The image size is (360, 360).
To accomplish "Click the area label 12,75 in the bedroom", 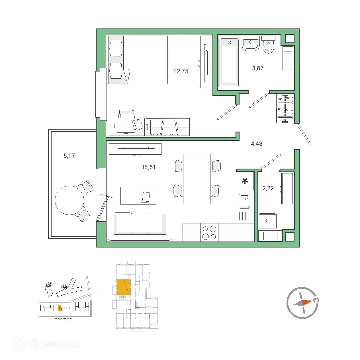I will pos(181,71).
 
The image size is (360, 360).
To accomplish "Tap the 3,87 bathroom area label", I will pos(258,68).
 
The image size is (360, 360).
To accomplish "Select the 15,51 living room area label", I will pos(149,167).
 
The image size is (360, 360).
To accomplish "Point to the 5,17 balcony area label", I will pos(69,156).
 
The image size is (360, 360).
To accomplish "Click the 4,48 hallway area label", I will pos(256,144).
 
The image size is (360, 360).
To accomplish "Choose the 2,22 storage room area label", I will pos(268,188).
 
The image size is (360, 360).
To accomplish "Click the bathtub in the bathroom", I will pos(229,62).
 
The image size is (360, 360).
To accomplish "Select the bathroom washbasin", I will pos(251,43).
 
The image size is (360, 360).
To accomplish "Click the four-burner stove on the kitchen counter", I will pos(209,232).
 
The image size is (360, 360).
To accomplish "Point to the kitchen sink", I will pos(244,201).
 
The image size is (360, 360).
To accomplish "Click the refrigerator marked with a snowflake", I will pos(245,181).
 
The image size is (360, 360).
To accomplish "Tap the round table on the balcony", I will pos(69,200).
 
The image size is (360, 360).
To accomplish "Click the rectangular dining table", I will pos(197,179).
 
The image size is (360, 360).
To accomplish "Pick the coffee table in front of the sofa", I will pos(138,196).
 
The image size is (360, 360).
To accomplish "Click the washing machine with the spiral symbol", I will pos(267,221).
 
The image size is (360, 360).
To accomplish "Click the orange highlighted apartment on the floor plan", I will pos(124,287).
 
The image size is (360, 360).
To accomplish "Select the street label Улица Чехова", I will pos(64,319).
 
